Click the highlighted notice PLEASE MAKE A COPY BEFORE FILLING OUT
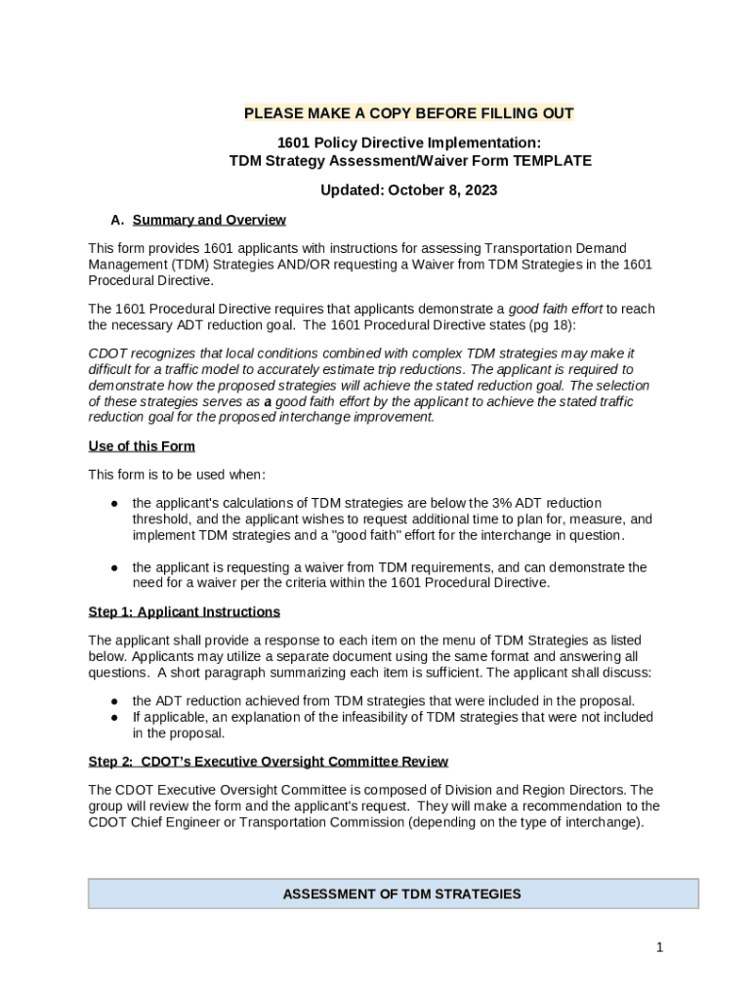[408, 113]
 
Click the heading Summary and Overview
[209, 220]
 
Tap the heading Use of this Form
[142, 446]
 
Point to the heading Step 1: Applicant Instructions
[184, 611]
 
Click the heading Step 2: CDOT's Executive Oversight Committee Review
[268, 761]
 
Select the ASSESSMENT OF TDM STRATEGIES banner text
[401, 894]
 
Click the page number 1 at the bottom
[660, 947]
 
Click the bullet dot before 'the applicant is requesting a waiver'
[114, 567]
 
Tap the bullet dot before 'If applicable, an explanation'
[114, 717]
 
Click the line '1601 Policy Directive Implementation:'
[408, 143]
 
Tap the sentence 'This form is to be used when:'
[163, 475]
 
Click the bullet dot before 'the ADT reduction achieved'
[114, 701]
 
